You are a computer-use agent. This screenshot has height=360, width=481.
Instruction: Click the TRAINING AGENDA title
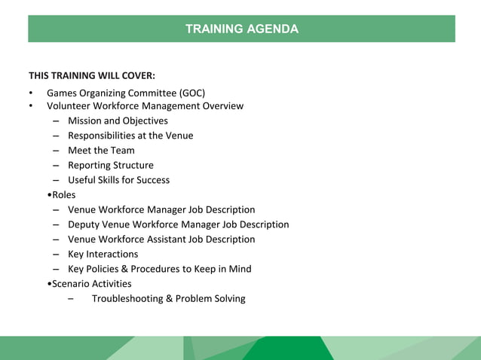(241, 29)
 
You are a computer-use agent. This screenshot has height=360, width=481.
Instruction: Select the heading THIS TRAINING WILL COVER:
(92, 75)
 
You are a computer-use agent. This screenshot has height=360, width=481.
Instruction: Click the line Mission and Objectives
(118, 121)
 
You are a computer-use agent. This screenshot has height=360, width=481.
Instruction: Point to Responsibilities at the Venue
(130, 136)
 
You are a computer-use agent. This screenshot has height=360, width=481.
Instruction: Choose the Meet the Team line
(101, 151)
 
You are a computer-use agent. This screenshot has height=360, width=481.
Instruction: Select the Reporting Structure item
(111, 165)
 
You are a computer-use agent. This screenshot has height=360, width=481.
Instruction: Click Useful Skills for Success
(118, 180)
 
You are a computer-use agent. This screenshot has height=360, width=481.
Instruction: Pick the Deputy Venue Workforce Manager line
(178, 224)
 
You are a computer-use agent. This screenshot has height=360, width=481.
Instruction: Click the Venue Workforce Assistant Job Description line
(161, 239)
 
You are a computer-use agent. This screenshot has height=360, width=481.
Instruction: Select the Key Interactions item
(103, 255)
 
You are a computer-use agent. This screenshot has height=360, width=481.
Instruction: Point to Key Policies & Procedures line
(159, 269)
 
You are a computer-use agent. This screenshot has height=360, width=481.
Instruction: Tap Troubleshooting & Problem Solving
(168, 299)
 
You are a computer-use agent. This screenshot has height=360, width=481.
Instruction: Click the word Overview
(222, 106)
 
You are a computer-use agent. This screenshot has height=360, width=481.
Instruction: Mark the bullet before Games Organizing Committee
(31, 93)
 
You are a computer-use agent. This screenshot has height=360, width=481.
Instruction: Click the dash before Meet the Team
(57, 151)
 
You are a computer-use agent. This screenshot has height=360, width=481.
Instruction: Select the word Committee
(153, 93)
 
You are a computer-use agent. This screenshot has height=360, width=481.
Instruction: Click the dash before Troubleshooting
(70, 299)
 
